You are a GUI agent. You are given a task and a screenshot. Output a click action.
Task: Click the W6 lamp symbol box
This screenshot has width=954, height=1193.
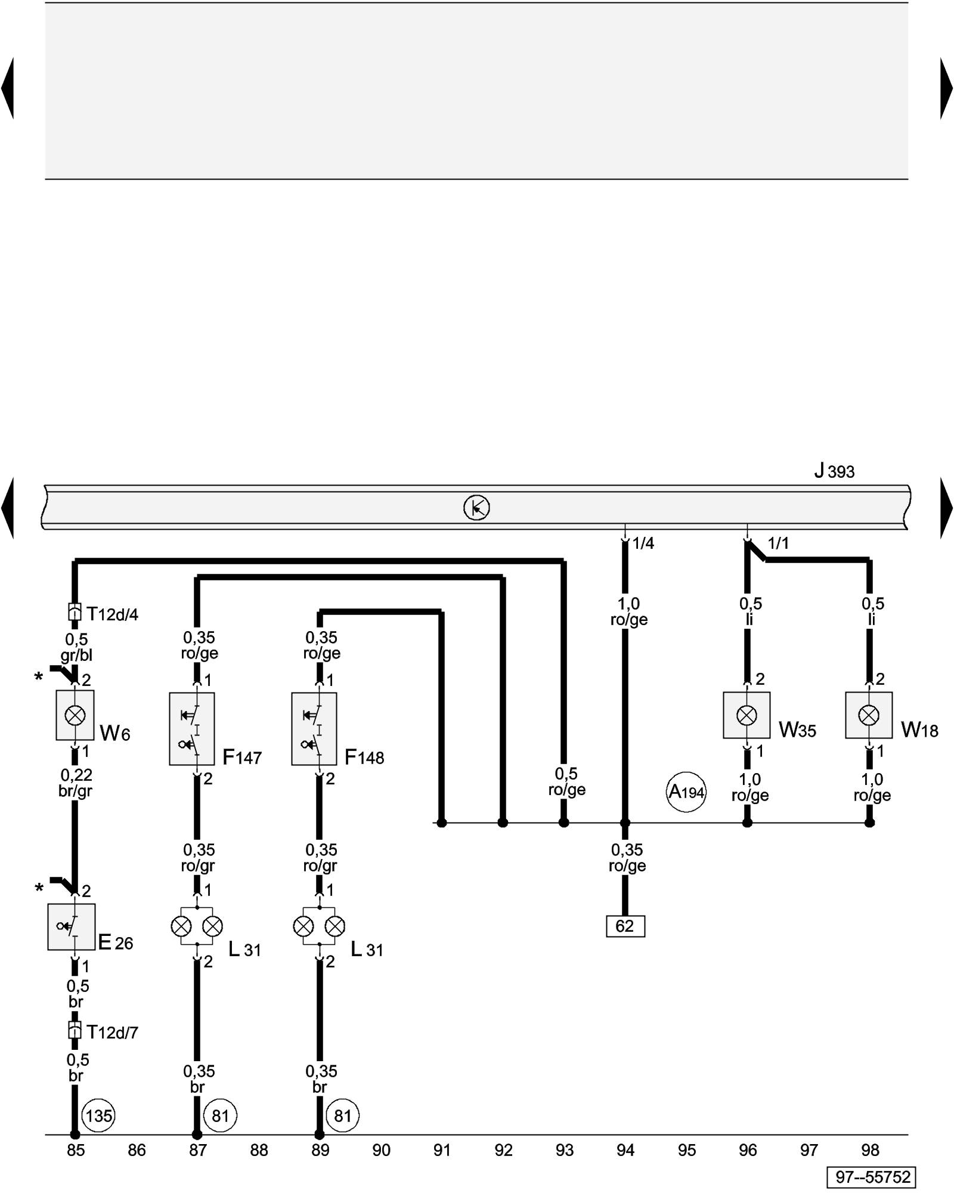(75, 715)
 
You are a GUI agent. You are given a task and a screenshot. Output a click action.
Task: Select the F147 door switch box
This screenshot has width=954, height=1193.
(191, 728)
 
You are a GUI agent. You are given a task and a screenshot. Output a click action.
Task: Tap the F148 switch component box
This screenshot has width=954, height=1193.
(314, 728)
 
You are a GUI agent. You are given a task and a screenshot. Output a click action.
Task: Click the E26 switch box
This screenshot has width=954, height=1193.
(72, 926)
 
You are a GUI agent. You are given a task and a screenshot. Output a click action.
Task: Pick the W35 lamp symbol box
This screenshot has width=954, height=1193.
(747, 715)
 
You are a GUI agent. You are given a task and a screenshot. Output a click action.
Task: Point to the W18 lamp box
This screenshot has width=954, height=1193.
(869, 715)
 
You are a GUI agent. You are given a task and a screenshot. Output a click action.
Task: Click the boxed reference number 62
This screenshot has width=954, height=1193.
(625, 926)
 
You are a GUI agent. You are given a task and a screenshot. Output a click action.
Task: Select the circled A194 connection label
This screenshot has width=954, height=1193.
(686, 792)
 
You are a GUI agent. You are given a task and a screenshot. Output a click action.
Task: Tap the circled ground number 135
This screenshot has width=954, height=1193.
(98, 1115)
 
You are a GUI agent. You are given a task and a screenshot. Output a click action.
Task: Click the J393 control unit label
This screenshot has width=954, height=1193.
(834, 471)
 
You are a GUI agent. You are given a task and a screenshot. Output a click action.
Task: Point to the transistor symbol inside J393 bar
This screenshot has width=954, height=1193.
(476, 508)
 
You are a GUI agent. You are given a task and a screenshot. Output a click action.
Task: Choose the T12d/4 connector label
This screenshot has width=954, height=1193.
(112, 614)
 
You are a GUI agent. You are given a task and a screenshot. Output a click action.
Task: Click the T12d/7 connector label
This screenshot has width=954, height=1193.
(112, 1031)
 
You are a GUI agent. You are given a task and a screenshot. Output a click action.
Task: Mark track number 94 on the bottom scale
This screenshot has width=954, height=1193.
(625, 1149)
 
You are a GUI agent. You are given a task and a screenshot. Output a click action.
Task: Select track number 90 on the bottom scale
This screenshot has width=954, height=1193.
(381, 1149)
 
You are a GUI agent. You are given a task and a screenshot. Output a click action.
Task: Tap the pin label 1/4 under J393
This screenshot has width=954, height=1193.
(643, 543)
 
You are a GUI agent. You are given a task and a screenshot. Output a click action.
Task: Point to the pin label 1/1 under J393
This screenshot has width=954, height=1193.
(778, 543)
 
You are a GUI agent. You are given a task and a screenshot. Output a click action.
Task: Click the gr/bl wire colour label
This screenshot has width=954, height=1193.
(76, 656)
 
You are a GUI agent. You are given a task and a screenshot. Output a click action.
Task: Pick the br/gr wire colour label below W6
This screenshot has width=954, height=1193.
(76, 791)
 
